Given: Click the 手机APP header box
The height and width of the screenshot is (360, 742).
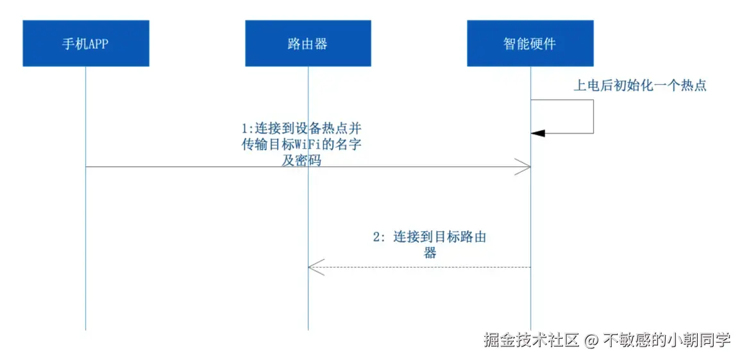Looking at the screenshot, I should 86,43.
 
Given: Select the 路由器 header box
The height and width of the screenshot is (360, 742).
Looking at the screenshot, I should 308,43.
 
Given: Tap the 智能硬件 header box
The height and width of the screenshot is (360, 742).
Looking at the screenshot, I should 530,43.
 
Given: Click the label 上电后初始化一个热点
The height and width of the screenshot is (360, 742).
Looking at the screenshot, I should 639,85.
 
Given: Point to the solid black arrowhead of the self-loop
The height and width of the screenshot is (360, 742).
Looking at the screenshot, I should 538,133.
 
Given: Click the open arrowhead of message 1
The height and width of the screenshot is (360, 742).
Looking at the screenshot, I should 525,167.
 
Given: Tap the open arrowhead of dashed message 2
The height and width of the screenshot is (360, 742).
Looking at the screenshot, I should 315,267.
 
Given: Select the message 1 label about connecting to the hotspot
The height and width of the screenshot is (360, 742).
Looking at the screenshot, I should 301,144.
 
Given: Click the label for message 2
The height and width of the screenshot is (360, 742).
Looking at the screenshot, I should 430,244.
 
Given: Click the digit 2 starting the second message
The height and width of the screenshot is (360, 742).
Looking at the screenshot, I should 377,237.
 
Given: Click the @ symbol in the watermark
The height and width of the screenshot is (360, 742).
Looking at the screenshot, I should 591,340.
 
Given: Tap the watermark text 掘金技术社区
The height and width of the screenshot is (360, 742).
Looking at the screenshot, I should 532,340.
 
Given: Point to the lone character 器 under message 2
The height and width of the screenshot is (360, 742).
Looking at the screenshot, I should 430,253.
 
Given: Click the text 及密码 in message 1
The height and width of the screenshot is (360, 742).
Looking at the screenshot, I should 301,162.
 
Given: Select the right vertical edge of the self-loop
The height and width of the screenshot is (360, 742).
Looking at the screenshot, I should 593,116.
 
